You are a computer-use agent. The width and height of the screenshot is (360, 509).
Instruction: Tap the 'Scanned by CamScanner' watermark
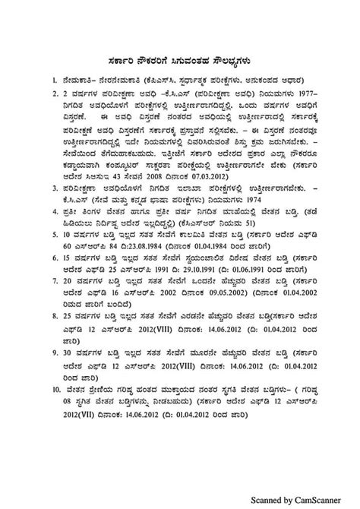click(305, 500)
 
